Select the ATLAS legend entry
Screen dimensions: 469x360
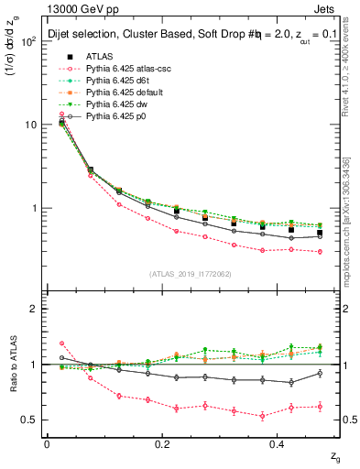pos(101,57)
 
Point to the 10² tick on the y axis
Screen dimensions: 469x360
pos(29,41)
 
